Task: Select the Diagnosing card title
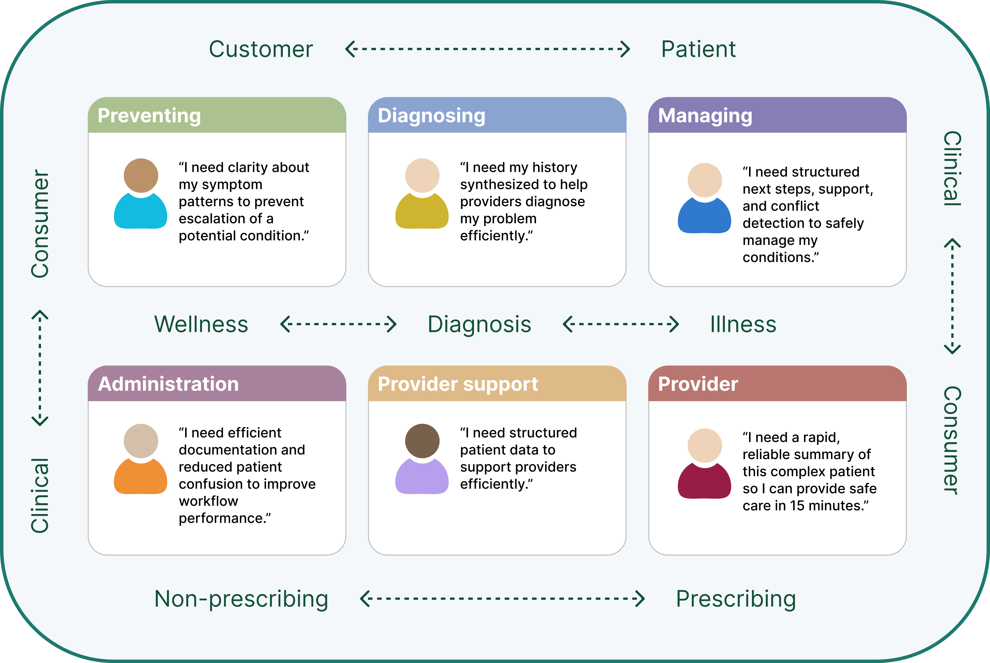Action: [431, 115]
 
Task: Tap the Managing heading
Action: [705, 115]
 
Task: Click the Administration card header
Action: [168, 384]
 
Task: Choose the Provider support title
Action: [458, 384]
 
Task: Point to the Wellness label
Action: [201, 324]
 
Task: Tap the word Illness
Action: [743, 324]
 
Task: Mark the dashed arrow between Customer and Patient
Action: [488, 49]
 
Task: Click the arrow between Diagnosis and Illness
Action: [620, 324]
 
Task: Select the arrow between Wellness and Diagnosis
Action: [338, 324]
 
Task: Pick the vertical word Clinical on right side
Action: [952, 168]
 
